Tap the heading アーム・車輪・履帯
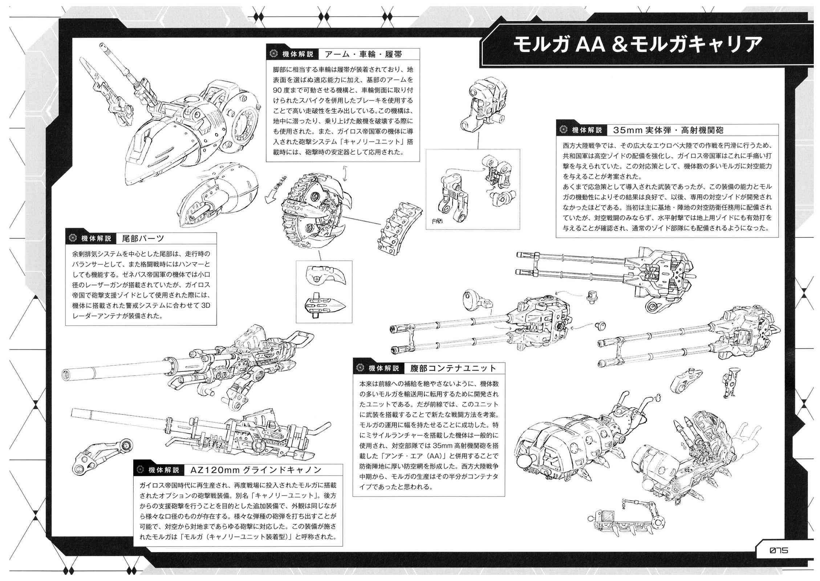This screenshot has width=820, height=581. pos(364,54)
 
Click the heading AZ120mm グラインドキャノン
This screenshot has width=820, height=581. pos(256,470)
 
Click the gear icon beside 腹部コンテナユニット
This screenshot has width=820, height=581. pos(360,368)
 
